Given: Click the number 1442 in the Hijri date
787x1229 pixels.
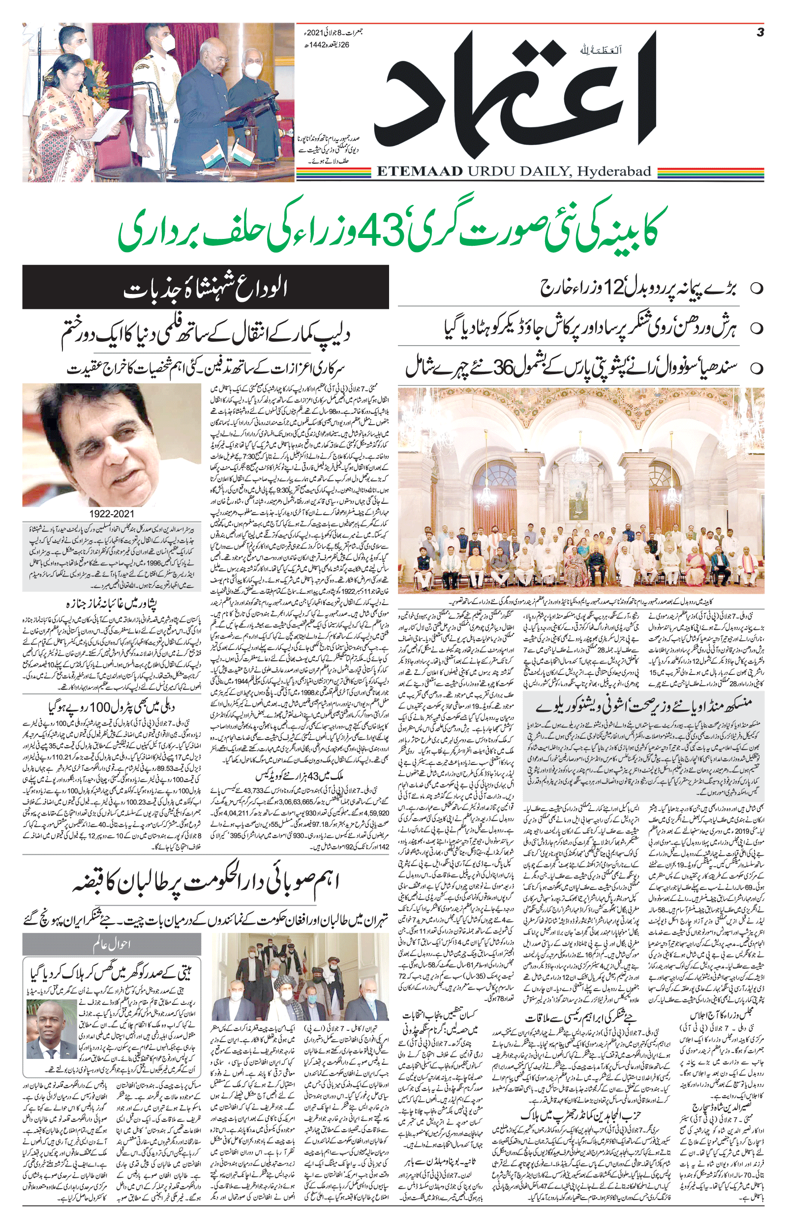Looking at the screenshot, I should click(x=320, y=44).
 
